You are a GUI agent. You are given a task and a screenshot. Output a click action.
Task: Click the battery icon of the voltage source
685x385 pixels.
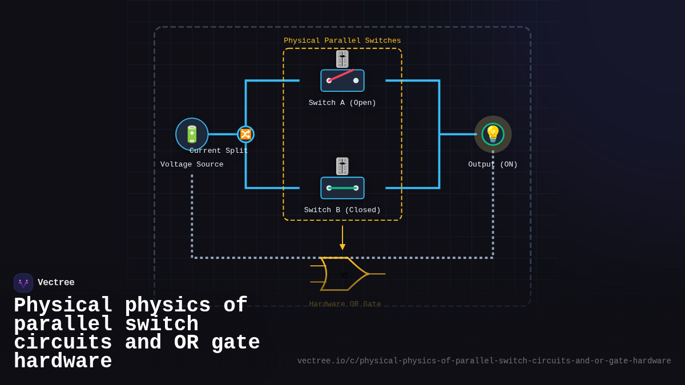tap(192, 134)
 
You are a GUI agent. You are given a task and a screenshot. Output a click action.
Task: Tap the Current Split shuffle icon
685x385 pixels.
tap(245, 134)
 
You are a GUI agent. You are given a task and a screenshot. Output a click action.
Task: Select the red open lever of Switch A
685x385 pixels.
tap(341, 75)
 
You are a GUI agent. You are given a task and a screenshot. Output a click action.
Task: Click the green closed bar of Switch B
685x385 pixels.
tap(342, 188)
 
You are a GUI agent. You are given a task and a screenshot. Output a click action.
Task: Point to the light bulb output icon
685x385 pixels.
tap(493, 134)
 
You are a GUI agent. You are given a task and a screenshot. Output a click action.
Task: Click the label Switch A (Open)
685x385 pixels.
tap(342, 103)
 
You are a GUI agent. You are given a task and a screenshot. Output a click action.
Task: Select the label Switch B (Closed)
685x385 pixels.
tap(342, 210)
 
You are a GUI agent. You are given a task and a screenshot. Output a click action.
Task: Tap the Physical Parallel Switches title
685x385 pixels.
tap(342, 40)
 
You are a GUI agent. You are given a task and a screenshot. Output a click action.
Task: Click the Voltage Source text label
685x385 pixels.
tap(192, 164)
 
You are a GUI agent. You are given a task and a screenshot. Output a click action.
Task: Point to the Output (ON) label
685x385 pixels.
tap(493, 164)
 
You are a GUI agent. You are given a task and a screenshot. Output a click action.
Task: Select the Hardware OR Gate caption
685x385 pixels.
tap(345, 304)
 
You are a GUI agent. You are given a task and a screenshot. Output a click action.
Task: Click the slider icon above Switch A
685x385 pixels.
tap(342, 59)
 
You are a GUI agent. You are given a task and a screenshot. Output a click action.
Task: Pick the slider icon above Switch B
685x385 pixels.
tap(342, 166)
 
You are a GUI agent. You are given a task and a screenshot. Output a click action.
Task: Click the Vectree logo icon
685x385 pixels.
tap(23, 283)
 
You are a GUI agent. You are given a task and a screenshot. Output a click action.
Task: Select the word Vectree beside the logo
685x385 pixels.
tap(56, 282)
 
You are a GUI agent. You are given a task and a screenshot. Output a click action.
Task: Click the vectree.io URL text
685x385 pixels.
tap(484, 361)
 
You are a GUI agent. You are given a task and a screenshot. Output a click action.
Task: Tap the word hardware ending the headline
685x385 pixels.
tap(63, 362)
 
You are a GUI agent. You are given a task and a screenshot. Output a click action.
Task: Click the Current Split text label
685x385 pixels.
tap(219, 151)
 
